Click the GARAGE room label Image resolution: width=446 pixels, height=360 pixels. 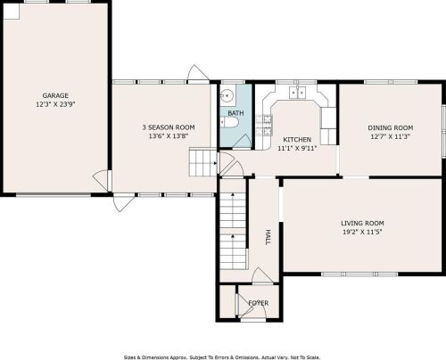click(x=55, y=95)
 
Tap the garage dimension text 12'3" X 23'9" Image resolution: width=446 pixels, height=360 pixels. click(x=55, y=104)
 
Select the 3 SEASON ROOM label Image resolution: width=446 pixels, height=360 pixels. click(x=169, y=127)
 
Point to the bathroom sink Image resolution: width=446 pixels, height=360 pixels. click(x=227, y=96)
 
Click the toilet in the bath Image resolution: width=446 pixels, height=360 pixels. click(x=230, y=122)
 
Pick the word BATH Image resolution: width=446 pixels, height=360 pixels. click(x=235, y=113)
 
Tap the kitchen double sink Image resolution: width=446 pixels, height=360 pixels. click(x=297, y=93)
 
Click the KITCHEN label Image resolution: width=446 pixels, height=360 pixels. click(x=297, y=139)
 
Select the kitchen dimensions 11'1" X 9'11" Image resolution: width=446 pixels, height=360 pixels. click(x=297, y=148)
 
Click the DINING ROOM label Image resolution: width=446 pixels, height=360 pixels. click(x=391, y=127)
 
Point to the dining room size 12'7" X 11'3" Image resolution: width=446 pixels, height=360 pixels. click(x=391, y=136)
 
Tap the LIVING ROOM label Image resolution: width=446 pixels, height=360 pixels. click(x=362, y=223)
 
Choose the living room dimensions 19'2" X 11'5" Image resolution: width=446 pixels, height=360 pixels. click(x=362, y=232)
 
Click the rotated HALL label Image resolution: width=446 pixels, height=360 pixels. click(x=268, y=237)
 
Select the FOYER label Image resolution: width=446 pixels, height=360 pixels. click(x=259, y=303)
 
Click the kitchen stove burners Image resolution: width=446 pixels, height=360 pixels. click(x=264, y=126)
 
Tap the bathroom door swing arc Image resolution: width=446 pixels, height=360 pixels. click(x=242, y=141)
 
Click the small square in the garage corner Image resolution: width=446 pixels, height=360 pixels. click(x=12, y=12)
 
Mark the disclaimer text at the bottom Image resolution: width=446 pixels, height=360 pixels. click(x=222, y=357)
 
